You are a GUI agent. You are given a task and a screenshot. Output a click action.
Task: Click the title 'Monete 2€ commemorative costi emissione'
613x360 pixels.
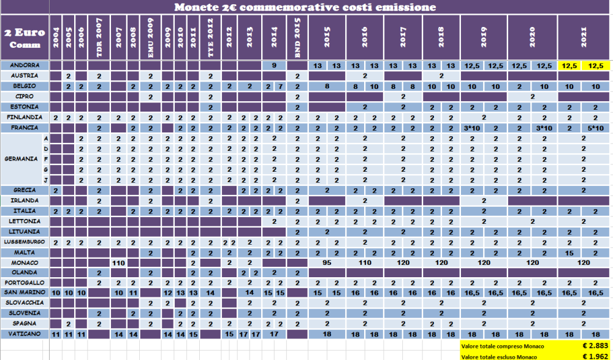(x=305, y=7)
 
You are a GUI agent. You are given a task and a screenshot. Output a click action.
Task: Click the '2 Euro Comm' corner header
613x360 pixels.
(x=25, y=38)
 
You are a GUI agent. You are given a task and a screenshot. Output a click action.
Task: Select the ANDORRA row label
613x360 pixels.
(x=25, y=65)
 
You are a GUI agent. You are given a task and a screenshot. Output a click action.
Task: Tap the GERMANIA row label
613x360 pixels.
(x=21, y=159)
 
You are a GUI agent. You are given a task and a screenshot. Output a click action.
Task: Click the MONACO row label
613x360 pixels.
(x=25, y=262)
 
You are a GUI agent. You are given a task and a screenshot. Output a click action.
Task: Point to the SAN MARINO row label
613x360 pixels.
(x=25, y=293)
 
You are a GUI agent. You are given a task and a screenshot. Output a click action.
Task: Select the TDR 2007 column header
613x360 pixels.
(x=99, y=38)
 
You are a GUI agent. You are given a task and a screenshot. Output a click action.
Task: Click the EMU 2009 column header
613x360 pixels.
(x=150, y=38)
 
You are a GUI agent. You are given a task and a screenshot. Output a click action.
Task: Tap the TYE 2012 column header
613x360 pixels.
(x=210, y=38)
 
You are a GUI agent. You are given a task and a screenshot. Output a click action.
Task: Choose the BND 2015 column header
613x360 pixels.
(x=297, y=38)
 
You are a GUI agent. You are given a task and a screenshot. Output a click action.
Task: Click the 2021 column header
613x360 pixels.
(x=584, y=38)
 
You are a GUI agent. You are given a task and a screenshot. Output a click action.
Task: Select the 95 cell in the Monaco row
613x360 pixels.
(x=327, y=262)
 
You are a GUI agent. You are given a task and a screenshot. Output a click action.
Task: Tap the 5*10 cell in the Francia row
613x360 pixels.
(x=593, y=128)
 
